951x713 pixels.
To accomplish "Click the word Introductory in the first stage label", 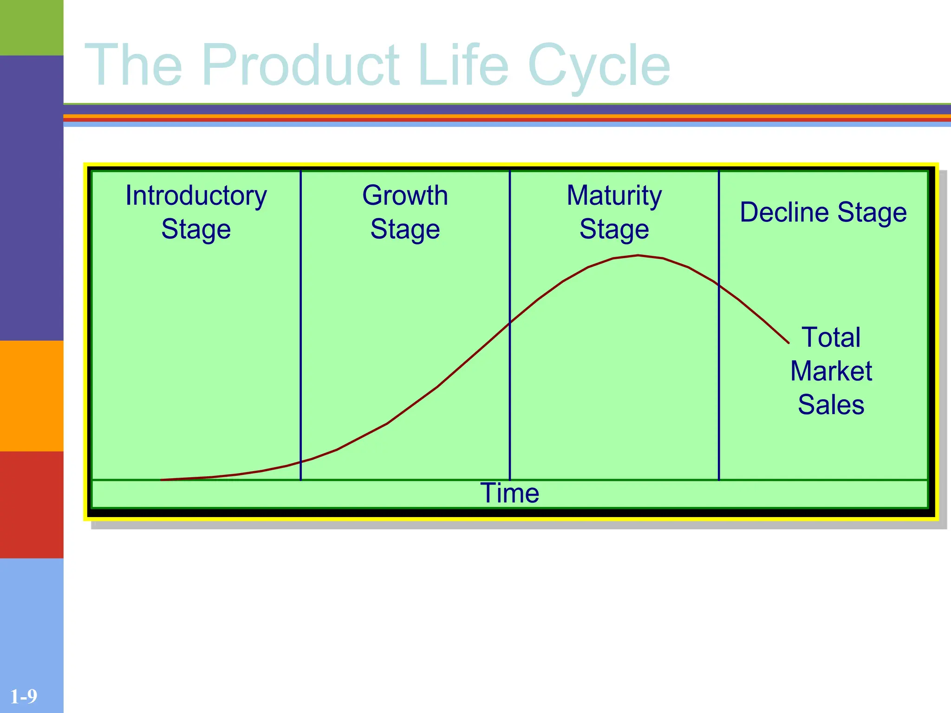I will coord(196,196).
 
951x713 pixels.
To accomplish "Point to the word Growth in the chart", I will coord(405,195).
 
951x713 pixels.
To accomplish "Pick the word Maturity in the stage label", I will coord(614,195).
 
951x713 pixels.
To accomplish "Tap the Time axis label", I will coord(509,493).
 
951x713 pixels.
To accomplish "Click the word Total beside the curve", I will coord(831,337).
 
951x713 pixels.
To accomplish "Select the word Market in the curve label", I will coord(831,371).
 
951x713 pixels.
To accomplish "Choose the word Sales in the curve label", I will coord(831,404).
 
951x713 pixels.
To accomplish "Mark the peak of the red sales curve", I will coord(638,255).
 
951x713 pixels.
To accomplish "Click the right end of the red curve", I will coord(788,343).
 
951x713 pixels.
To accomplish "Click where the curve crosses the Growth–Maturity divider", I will coord(510,323).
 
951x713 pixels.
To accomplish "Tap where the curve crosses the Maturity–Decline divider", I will coord(719,285).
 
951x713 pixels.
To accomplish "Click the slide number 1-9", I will coord(24,697).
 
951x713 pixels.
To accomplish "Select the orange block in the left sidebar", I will coord(32,396).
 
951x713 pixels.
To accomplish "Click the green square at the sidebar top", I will coord(32,27).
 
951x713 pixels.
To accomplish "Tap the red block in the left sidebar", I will coord(32,505).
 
